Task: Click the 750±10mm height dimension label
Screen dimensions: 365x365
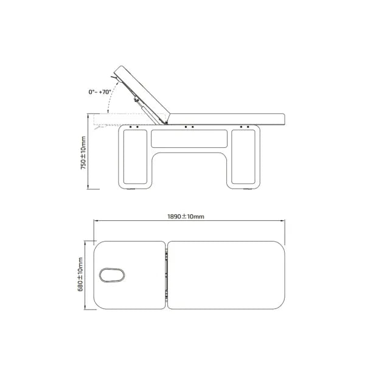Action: tap(83, 153)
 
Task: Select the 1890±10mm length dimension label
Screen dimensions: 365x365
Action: tap(186, 217)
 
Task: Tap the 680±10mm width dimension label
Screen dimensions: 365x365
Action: tap(80, 274)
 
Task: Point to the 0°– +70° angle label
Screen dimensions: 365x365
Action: tap(100, 92)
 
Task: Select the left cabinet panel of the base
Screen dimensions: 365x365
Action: tap(135, 157)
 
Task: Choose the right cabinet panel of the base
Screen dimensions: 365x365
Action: tap(243, 157)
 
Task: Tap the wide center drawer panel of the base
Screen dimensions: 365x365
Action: tap(189, 139)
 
